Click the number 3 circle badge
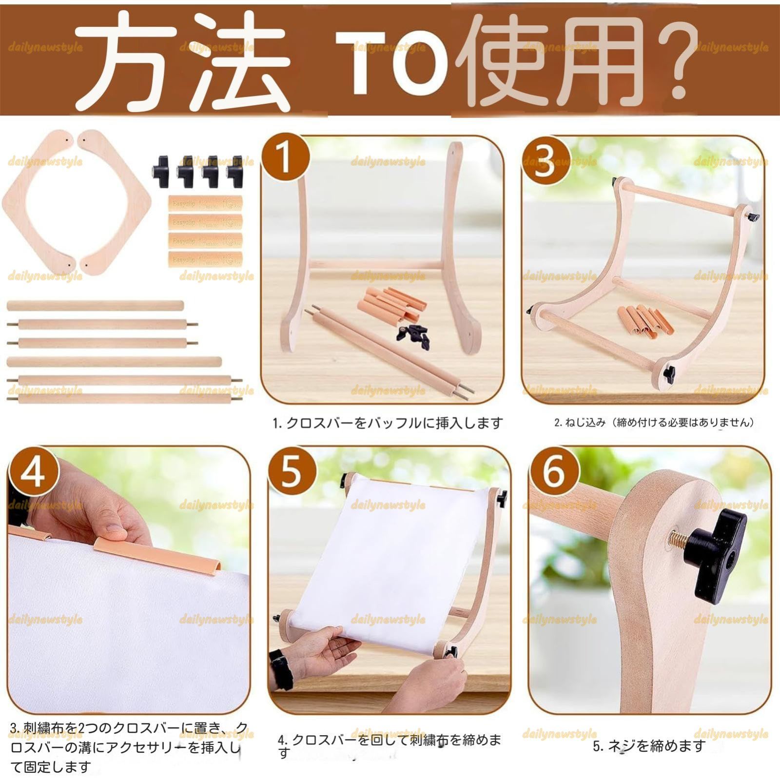click(545, 160)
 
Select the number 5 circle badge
click(292, 471)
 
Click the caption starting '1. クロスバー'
click(388, 423)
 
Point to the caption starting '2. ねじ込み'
click(654, 423)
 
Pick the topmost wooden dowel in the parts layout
click(95, 306)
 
